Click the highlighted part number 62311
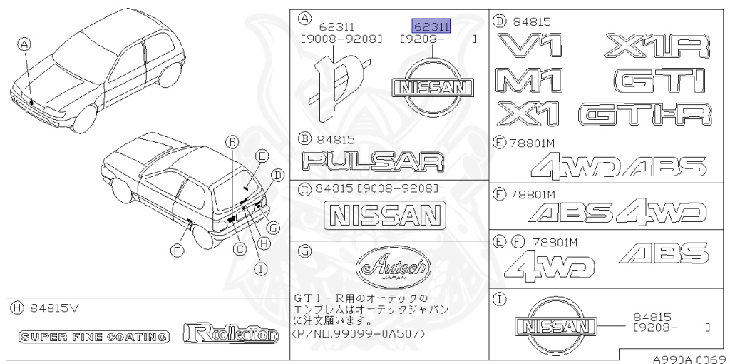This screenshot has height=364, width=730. pyautogui.click(x=431, y=26)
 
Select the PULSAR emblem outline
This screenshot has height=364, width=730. pyautogui.click(x=373, y=161)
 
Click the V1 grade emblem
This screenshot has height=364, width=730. pyautogui.click(x=531, y=46)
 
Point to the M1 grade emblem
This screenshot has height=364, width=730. pyautogui.click(x=531, y=80)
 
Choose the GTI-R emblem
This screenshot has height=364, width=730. pyautogui.click(x=645, y=113)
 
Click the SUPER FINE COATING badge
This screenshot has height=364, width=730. pyautogui.click(x=94, y=336)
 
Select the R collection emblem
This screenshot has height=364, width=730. pyautogui.click(x=230, y=333)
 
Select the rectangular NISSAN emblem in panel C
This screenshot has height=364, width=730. pyautogui.click(x=384, y=214)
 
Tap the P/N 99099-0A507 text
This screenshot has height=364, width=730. pyautogui.click(x=359, y=333)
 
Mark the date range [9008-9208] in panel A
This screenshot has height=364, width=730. pyautogui.click(x=341, y=39)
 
